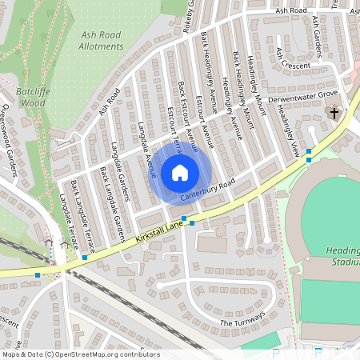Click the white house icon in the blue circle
[x=180, y=172]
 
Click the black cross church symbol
[x=334, y=114]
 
